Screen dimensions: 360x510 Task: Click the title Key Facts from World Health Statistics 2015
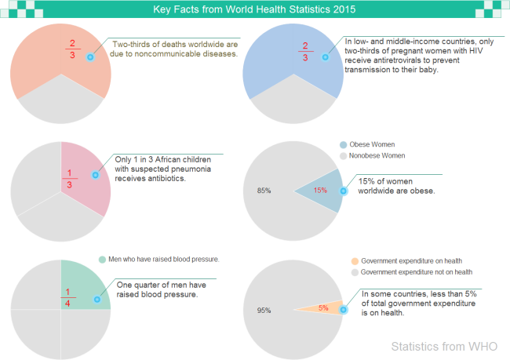click(x=254, y=10)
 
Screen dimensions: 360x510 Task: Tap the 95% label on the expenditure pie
click(x=264, y=311)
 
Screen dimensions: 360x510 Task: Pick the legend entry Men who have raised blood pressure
click(x=163, y=259)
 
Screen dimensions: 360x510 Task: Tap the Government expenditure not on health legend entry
click(x=416, y=272)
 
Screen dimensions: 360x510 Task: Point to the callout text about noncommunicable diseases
click(x=174, y=49)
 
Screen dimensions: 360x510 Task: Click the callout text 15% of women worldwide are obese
click(x=395, y=186)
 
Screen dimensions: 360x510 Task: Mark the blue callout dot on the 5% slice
click(x=344, y=310)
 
